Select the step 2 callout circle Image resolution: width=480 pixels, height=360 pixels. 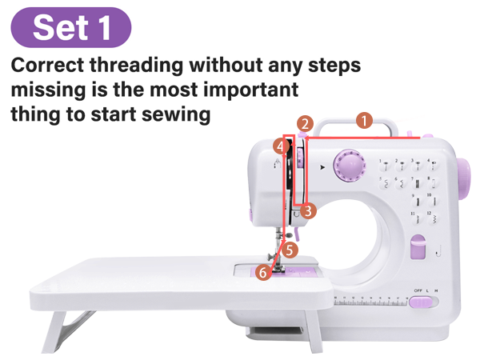tap(305, 124)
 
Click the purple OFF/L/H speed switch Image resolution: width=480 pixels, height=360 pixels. tap(423, 302)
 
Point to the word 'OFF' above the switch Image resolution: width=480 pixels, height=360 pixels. tap(418, 290)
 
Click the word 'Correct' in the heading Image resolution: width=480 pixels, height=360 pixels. tap(54, 65)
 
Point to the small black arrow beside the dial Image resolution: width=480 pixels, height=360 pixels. tap(322, 168)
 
